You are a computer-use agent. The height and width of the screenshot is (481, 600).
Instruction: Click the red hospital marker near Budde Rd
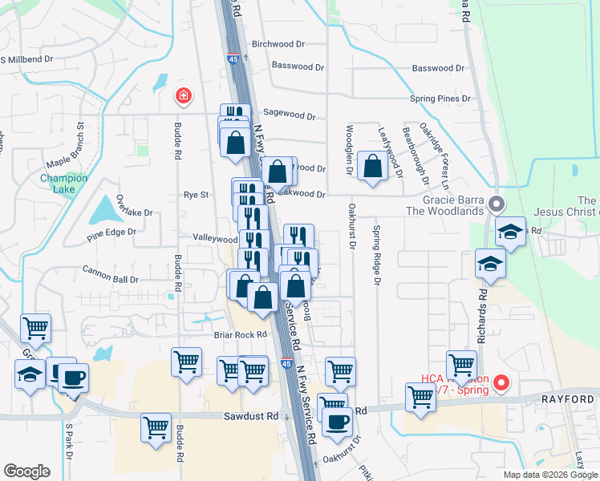184,96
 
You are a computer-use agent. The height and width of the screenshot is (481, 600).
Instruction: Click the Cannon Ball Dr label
111,279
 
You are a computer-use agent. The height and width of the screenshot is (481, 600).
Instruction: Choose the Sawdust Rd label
251,416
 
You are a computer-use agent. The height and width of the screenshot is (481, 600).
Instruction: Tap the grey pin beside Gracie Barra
497,204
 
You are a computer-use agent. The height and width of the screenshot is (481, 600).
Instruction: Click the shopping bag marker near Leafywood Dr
374,168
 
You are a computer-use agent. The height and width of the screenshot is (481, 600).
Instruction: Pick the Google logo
27,471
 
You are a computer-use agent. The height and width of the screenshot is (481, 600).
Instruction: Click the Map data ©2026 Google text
550,475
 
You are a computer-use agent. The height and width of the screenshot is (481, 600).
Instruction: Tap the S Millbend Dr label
26,59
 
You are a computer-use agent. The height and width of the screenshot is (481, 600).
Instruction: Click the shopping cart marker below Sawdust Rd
156,427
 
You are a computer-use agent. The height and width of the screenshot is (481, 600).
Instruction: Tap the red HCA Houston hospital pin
501,382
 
